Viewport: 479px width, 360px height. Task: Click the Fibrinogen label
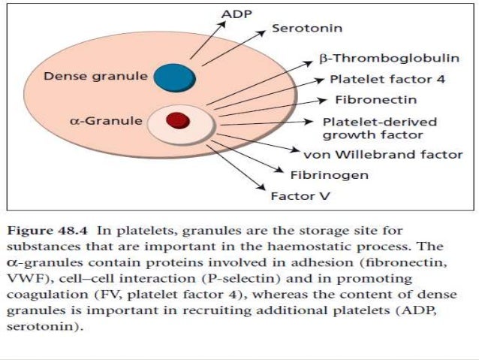coord(318,176)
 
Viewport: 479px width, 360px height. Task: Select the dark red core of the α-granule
coord(177,119)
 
